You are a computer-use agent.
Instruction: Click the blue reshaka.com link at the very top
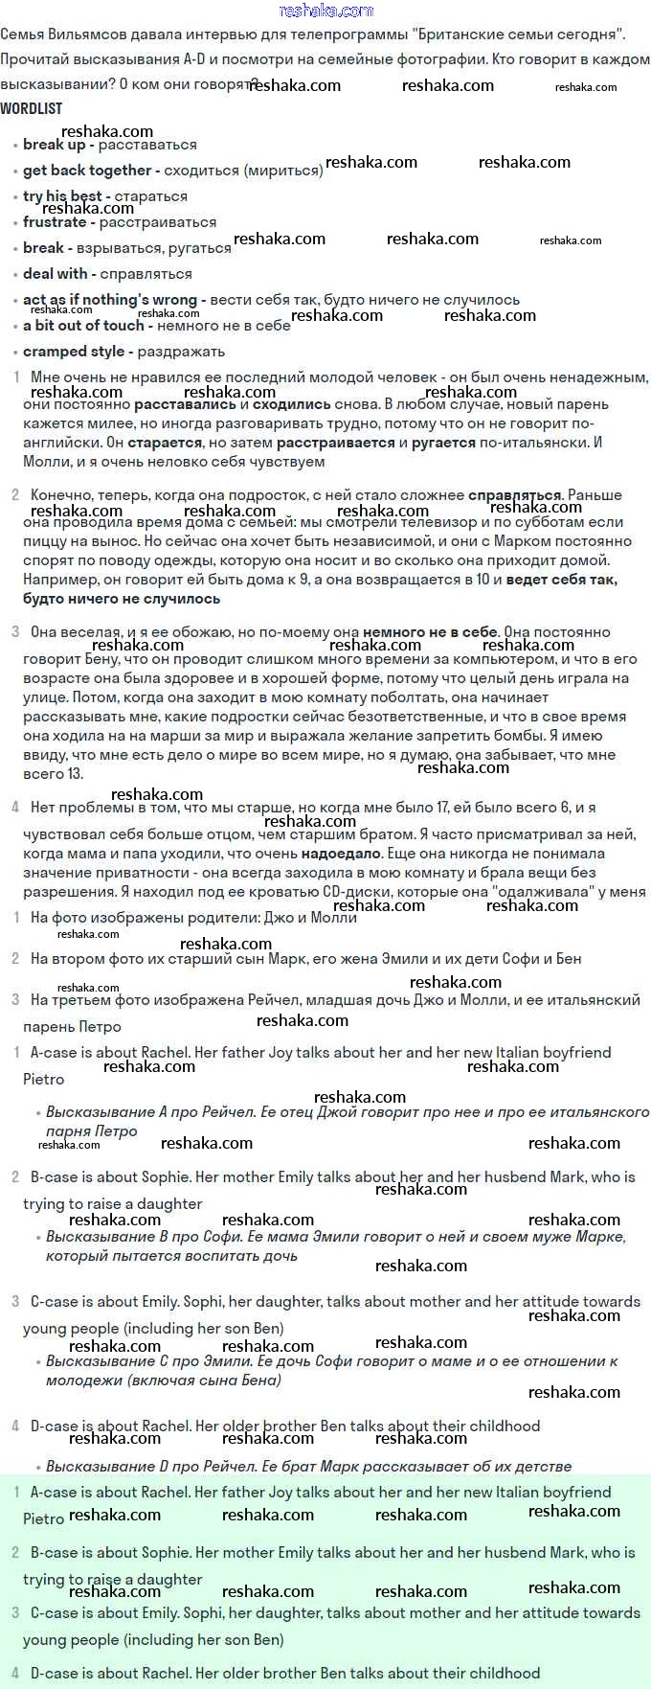click(325, 11)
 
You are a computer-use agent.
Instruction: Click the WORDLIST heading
click(31, 109)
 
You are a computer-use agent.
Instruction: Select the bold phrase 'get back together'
click(87, 171)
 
